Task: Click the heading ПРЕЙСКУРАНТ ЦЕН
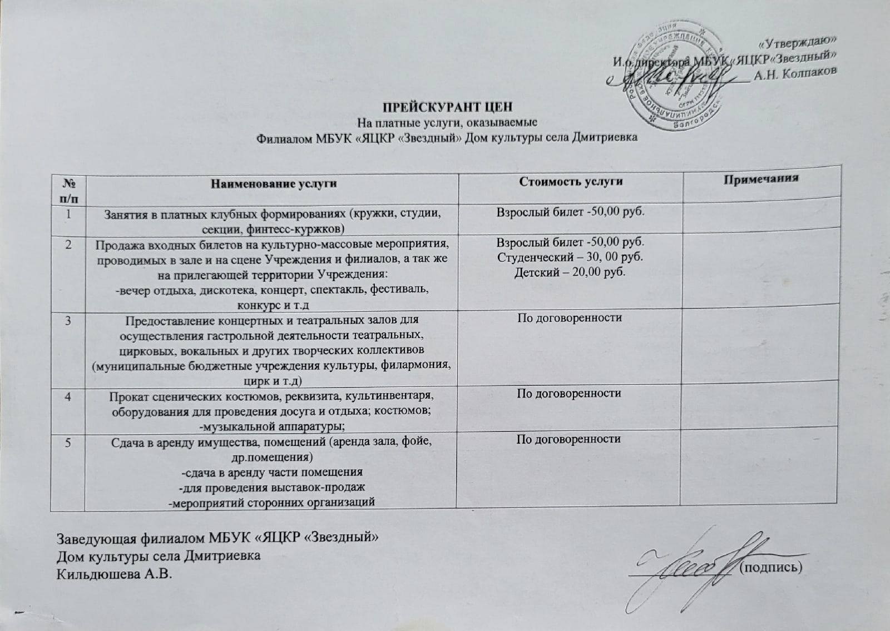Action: (x=446, y=107)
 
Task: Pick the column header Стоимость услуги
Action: (x=570, y=181)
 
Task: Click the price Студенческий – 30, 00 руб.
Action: (x=569, y=257)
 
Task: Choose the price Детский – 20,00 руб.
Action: (x=569, y=272)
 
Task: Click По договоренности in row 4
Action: (x=569, y=394)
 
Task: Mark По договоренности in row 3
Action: (x=569, y=318)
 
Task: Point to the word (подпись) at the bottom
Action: (x=772, y=567)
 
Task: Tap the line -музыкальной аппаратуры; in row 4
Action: (x=272, y=426)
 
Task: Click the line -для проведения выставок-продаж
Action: (x=272, y=488)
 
